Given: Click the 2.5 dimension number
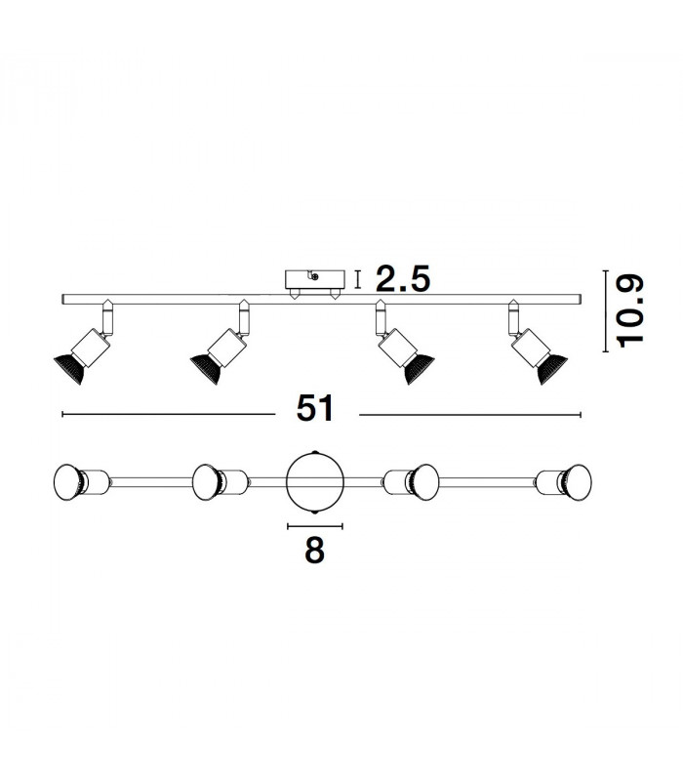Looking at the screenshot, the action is click(x=402, y=279).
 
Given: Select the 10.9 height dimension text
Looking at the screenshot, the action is click(x=630, y=310).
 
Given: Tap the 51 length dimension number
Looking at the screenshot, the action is click(x=315, y=408).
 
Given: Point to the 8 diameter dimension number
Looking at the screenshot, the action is click(x=314, y=550).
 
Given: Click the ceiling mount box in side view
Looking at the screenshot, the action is click(x=314, y=280).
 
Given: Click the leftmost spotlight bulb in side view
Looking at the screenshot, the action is click(x=69, y=369).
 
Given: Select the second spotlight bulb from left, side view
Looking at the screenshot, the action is click(x=206, y=369).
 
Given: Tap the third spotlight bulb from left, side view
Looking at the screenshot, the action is click(x=419, y=369).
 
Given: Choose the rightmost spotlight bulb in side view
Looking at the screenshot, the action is click(x=552, y=369).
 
